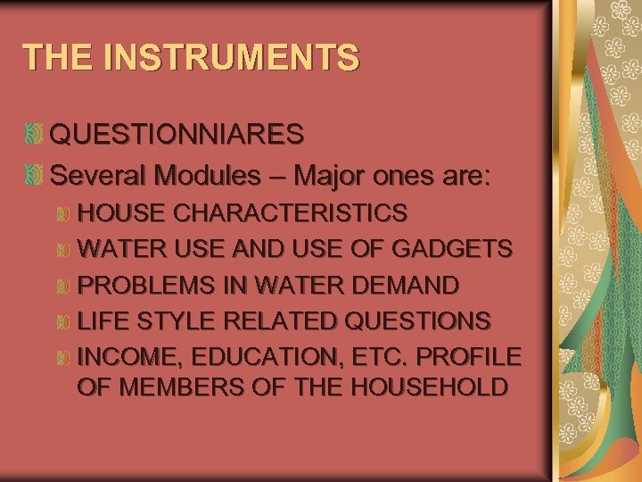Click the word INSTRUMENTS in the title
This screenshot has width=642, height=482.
point(232,56)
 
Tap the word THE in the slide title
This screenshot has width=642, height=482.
point(60,56)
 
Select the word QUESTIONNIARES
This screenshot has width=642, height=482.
point(177,135)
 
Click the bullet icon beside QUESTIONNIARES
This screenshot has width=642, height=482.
point(34,135)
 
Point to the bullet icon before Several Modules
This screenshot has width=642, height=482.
point(34,175)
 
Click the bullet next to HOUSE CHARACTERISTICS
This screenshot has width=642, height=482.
point(62,213)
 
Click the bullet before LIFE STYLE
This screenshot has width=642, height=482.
point(62,320)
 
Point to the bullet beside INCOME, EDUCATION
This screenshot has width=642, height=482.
point(62,358)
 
